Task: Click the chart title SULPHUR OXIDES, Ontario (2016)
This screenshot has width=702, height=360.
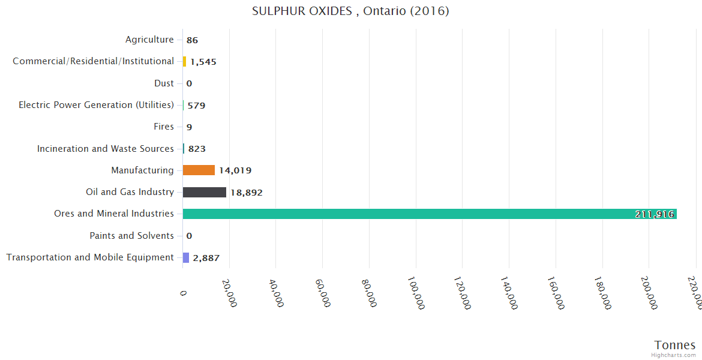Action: [x=350, y=11]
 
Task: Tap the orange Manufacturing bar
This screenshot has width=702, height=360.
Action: [x=199, y=170]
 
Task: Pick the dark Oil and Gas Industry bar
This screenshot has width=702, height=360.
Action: [x=205, y=192]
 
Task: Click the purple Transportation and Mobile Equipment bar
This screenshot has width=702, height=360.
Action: [x=186, y=257]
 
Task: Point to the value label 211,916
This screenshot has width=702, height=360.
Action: [x=655, y=214]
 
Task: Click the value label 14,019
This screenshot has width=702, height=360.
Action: [x=235, y=170]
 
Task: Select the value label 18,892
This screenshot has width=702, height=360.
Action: [x=247, y=193]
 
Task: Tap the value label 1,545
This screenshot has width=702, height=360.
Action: [x=203, y=62]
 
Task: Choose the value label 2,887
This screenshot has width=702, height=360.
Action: [x=206, y=258]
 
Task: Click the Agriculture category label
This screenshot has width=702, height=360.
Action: [x=149, y=40]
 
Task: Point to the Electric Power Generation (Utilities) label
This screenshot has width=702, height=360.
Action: [x=96, y=105]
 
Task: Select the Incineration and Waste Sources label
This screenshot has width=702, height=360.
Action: [x=106, y=148]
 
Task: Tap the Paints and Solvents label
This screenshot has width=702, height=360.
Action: [x=131, y=236]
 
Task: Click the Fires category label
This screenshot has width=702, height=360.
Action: [x=164, y=127]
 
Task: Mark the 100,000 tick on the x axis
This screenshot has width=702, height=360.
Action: [x=415, y=293]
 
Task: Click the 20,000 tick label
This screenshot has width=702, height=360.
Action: [x=229, y=292]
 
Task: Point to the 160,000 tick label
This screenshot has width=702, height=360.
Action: [x=555, y=293]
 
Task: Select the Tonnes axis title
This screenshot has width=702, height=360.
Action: [x=675, y=345]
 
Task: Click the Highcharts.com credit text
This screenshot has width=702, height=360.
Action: [x=674, y=355]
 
